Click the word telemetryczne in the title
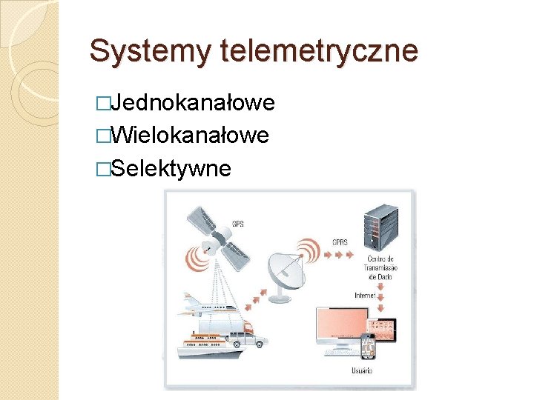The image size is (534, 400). [319, 52]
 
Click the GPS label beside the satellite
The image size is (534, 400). [237, 223]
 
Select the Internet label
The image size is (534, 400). [365, 294]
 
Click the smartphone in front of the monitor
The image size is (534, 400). [369, 347]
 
